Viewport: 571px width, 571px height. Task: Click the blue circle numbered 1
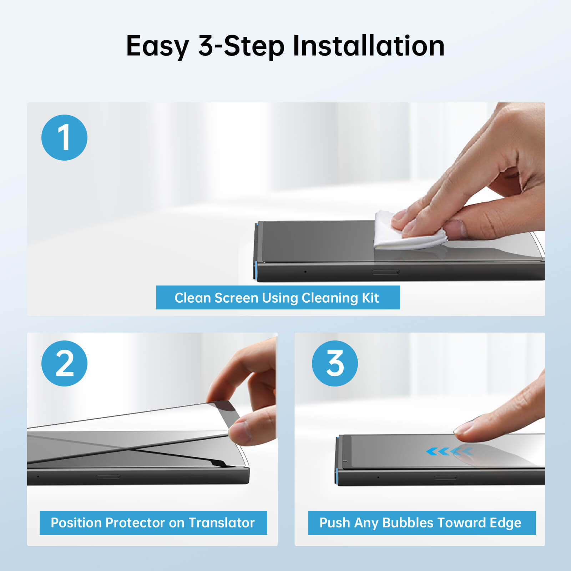64,137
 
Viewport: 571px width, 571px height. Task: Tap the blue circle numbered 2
64,363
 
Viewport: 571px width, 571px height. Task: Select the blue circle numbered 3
335,363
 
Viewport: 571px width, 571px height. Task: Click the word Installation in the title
368,46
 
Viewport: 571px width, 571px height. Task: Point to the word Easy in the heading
157,46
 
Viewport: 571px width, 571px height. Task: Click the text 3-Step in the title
241,46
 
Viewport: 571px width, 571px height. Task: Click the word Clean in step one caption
192,298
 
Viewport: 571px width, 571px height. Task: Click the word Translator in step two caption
221,523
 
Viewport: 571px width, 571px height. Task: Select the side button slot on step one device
385,272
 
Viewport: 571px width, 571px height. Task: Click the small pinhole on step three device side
378,477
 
